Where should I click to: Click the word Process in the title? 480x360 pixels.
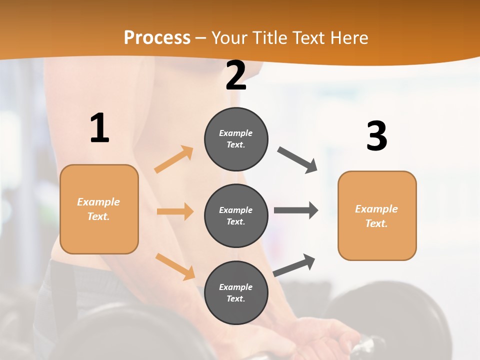tap(157, 38)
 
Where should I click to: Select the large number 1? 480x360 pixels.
tap(99, 128)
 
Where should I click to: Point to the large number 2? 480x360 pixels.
tap(236, 76)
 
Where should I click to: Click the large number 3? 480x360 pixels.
tap(376, 136)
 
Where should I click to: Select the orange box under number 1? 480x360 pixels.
tap(99, 209)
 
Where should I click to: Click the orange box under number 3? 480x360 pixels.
tap(377, 215)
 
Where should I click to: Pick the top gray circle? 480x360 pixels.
tap(236, 139)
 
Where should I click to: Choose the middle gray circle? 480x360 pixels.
tap(236, 215)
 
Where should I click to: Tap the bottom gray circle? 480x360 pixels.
tap(236, 292)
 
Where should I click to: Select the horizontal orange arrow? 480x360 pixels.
tap(175, 211)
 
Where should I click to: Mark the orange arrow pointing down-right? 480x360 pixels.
tap(175, 266)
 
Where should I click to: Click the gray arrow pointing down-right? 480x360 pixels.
tap(297, 160)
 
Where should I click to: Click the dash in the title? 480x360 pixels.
tap(201, 38)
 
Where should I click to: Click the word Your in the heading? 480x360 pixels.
tap(229, 38)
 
